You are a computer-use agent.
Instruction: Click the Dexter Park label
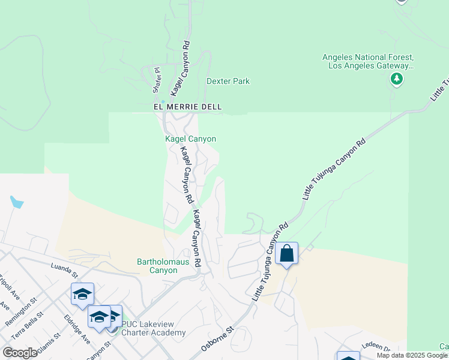(228, 81)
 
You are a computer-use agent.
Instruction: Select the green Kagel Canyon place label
(190, 139)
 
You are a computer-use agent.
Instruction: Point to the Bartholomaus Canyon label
(157, 266)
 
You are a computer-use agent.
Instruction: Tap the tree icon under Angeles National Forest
(396, 79)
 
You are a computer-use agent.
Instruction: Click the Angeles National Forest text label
(369, 61)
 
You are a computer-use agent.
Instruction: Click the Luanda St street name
(65, 267)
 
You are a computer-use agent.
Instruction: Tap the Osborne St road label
(217, 340)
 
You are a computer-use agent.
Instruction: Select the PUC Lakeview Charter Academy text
(153, 328)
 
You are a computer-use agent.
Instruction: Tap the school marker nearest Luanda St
(82, 294)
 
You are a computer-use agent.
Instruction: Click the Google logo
(20, 353)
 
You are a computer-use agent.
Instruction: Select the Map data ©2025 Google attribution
(412, 355)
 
